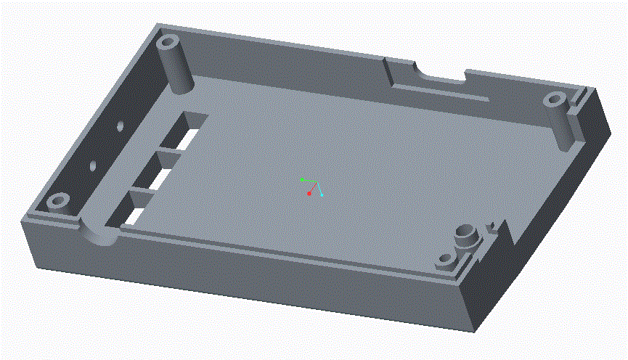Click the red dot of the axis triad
pos(309,194)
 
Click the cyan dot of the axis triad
pos(322,195)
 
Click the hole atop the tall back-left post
pos(169,41)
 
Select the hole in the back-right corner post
pos(555,99)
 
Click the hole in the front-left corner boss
pos(60,199)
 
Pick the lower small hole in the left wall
pos(92,165)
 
